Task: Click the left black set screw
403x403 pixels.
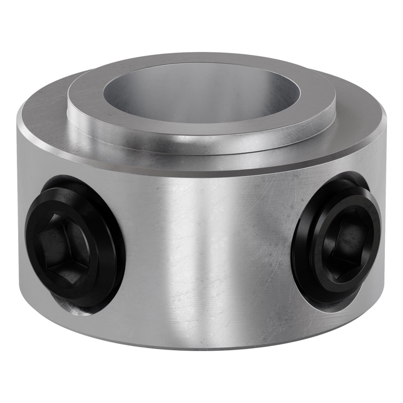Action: coord(74,244)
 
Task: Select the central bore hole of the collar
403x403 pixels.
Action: coord(200,100)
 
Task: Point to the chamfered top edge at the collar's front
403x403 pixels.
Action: coord(205,172)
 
